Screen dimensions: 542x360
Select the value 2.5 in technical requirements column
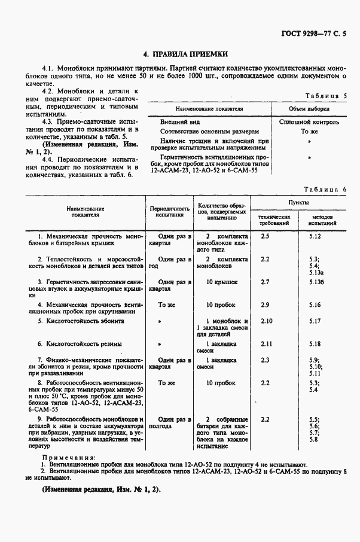266,236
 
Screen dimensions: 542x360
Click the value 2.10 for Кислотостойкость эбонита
267,321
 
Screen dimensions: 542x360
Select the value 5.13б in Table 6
316,281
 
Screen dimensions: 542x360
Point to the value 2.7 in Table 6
266,281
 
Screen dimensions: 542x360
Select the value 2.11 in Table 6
267,344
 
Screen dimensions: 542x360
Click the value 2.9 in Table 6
266,305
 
